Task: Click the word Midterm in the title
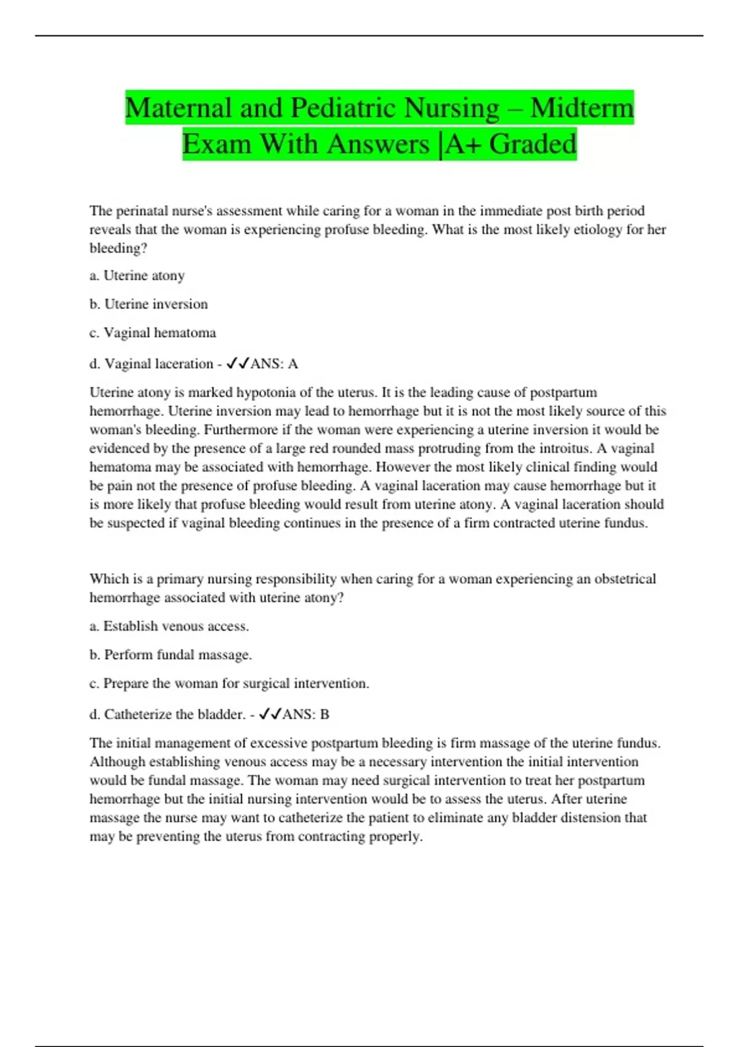point(581,108)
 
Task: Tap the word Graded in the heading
point(533,145)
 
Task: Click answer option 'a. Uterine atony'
point(137,276)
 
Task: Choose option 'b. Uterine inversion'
point(148,304)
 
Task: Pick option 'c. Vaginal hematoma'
point(153,333)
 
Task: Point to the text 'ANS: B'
point(306,714)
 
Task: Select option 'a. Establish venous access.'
point(169,626)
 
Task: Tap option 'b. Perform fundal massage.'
point(171,655)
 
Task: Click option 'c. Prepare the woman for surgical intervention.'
point(229,684)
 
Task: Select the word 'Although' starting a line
point(117,762)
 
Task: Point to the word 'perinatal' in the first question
point(142,211)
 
